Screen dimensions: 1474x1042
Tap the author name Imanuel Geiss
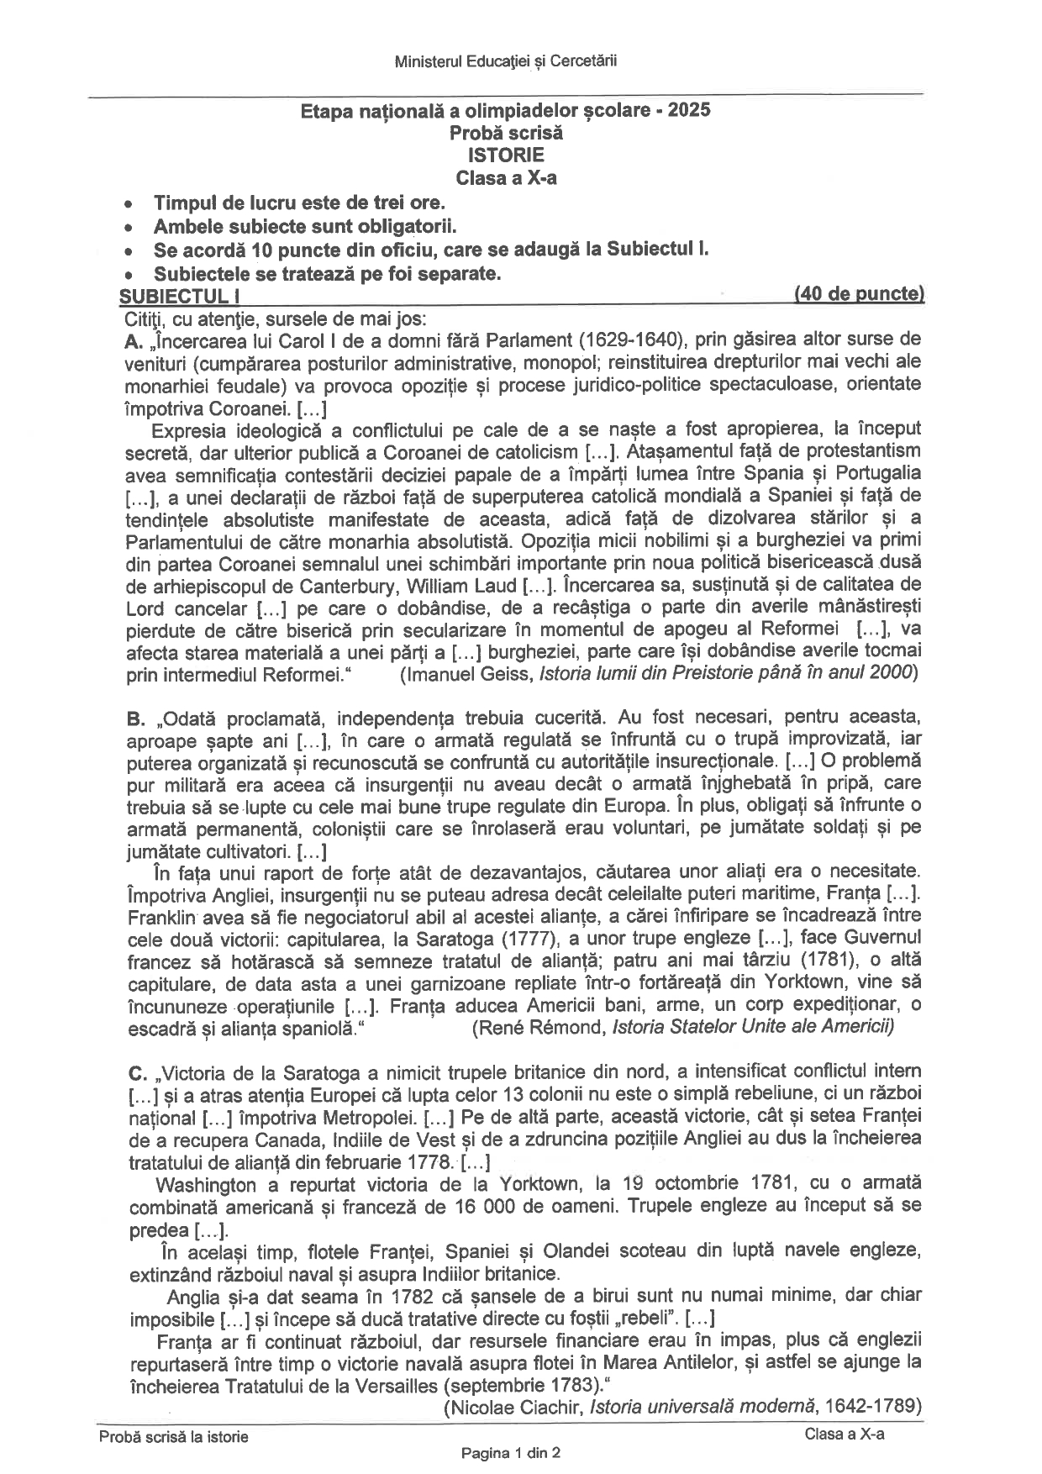[x=467, y=672]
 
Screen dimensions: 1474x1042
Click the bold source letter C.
[x=137, y=1072]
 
